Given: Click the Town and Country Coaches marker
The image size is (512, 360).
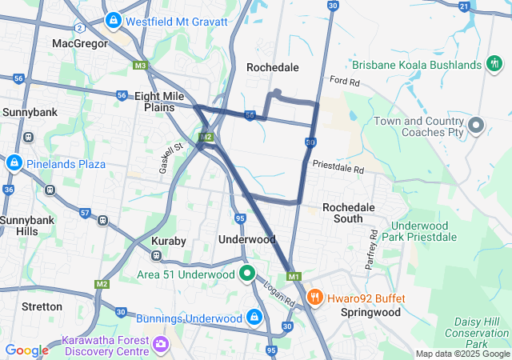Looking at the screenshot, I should [477, 126].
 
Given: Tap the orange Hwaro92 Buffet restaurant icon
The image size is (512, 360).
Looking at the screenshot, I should [315, 298].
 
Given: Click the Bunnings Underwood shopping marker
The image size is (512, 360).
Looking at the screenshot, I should [254, 318].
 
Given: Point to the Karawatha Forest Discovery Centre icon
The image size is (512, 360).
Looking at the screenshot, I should [162, 344].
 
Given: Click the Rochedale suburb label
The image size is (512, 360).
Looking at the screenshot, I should [273, 67].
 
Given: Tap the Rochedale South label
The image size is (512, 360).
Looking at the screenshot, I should [348, 213].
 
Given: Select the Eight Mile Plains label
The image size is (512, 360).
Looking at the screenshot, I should [160, 101].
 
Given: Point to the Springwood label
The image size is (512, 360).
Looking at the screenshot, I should [370, 312].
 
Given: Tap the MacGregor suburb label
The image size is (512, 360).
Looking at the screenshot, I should [79, 43].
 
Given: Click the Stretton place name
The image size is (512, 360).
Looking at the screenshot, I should [42, 306].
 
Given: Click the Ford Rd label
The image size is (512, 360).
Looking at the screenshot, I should [344, 81].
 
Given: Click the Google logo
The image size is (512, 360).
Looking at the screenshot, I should [26, 350].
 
